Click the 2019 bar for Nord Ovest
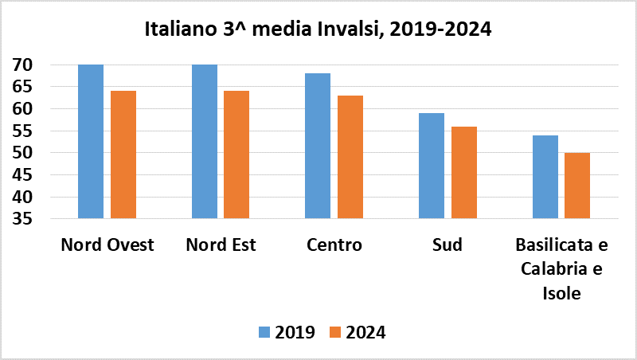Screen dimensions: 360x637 coord(91,141)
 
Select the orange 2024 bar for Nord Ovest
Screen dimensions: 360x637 coord(123,155)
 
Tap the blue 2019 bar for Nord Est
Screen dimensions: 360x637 coord(205,141)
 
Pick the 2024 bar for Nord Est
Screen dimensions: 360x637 coord(236,155)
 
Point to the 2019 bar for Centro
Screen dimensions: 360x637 coord(318,146)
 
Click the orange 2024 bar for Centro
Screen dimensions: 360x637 coord(350,157)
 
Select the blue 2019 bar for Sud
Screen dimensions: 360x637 coord(432,166)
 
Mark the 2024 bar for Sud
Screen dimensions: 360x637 coord(463,172)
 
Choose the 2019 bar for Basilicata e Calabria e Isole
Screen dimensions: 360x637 coord(545,177)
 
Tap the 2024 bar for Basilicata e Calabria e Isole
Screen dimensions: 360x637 coord(577,186)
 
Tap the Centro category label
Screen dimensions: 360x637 coord(334,245)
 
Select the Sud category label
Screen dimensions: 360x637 coord(447,245)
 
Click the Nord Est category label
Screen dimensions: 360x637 coord(221,245)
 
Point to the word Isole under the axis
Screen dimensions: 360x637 coord(561,292)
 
